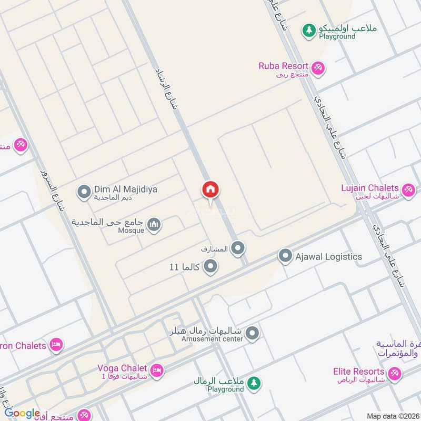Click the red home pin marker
coord(210,190)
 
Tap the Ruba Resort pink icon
coord(317,67)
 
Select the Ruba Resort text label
coord(283,66)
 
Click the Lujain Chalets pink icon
coord(407,189)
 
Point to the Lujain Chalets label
coord(370,188)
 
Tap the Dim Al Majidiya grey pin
coord(84,192)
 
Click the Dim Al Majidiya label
coord(125,189)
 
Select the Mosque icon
coord(154,226)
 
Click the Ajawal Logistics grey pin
coord(285,256)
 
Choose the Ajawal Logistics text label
coord(328,256)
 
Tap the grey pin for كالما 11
coord(210,267)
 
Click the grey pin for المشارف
coord(238,248)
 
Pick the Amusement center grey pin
coord(253,333)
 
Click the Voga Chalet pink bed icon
coord(156,372)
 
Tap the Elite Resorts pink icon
coord(394,374)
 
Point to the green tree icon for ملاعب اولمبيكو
coord(308,31)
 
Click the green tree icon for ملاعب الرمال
coord(254,383)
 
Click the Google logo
coord(23,413)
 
